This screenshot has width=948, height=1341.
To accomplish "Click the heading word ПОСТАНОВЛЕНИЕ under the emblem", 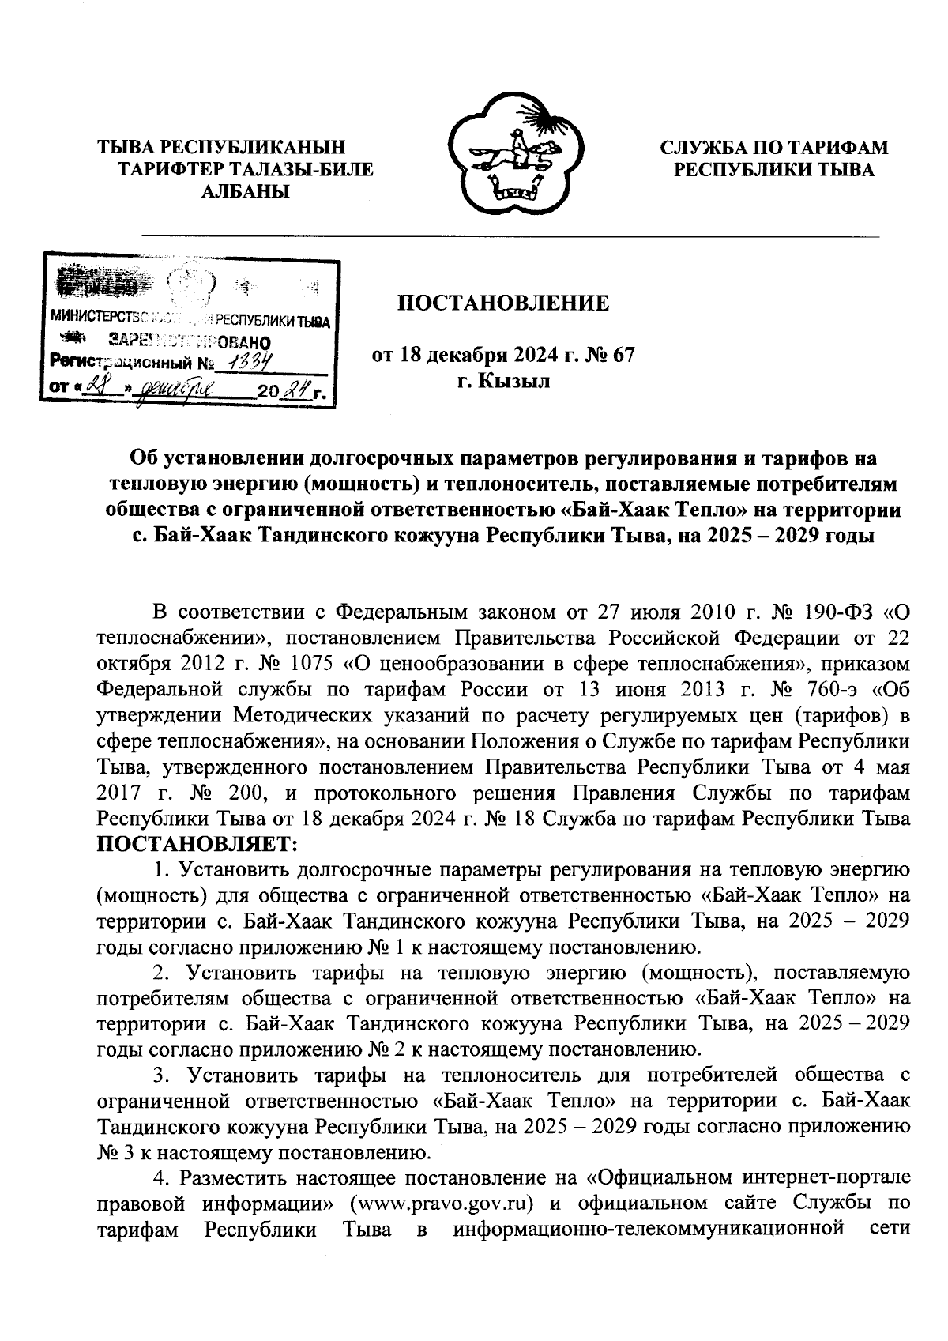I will pos(502,303).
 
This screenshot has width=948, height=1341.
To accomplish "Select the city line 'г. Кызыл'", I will pos(503,382).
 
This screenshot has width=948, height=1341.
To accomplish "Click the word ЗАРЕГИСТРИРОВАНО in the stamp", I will pos(190,342).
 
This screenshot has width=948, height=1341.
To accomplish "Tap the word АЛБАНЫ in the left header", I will pos(245,191).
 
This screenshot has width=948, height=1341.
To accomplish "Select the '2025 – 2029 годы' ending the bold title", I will pos(790,535).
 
